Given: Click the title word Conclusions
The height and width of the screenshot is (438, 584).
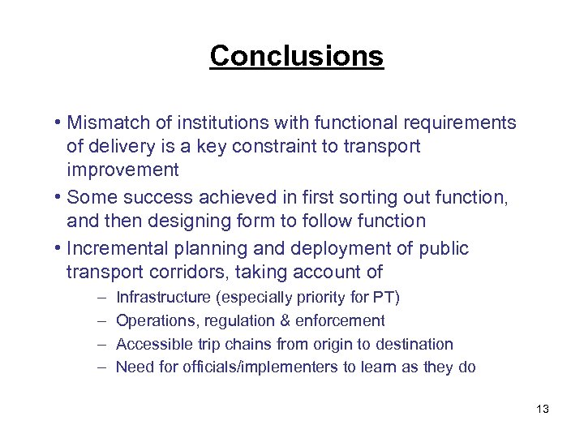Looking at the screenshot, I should pyautogui.click(x=296, y=56).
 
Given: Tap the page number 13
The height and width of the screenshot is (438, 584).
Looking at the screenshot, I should pyautogui.click(x=543, y=409).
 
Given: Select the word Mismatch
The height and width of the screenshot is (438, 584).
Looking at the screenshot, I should pyautogui.click(x=105, y=122).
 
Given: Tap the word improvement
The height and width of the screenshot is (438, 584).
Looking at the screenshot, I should pyautogui.click(x=122, y=170).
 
